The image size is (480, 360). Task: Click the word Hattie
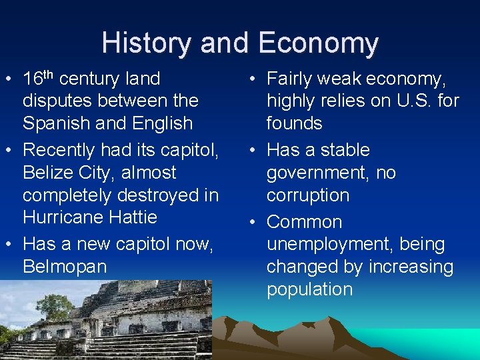click(x=135, y=217)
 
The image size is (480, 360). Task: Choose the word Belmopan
click(x=65, y=267)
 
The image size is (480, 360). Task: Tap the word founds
click(x=295, y=123)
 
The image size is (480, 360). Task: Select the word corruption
click(x=308, y=195)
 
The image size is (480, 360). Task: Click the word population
click(x=310, y=289)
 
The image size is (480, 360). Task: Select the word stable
click(x=346, y=150)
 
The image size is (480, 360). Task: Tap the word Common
click(x=305, y=222)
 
